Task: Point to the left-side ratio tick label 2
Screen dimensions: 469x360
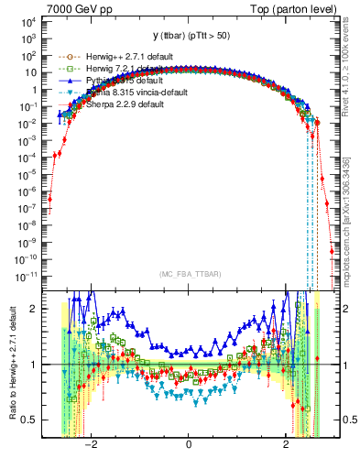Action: point(34,310)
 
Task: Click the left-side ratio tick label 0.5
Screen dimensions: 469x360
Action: point(29,420)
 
